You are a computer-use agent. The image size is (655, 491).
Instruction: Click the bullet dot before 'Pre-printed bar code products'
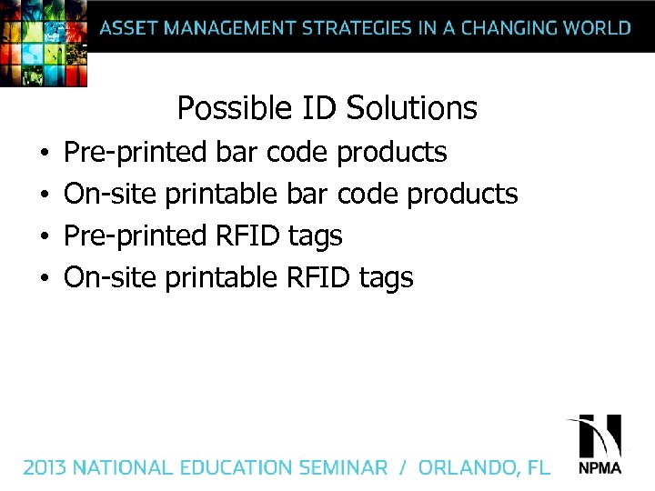43,153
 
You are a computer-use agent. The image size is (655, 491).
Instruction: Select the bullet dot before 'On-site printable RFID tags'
43,278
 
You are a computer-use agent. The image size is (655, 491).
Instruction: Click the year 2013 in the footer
45,467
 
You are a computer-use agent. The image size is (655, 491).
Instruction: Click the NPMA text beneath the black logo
600,469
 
